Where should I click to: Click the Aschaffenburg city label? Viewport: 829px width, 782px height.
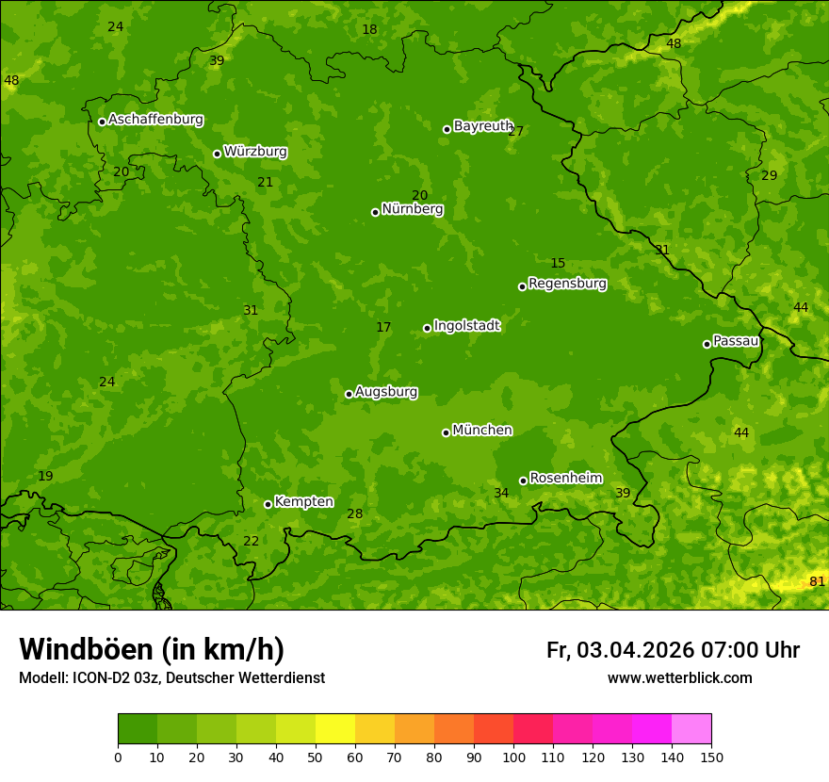click(155, 120)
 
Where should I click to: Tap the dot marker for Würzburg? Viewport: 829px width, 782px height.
click(217, 154)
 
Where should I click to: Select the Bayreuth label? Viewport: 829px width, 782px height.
click(482, 126)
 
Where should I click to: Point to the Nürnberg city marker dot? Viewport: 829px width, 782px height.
click(375, 212)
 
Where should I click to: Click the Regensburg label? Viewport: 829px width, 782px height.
click(567, 284)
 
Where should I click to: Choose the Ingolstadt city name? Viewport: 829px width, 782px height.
click(466, 326)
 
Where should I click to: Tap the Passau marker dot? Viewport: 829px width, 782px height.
click(707, 344)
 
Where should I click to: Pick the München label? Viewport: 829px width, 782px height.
click(482, 431)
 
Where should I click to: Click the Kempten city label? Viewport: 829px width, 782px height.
click(303, 502)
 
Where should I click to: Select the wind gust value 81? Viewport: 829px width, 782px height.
click(817, 581)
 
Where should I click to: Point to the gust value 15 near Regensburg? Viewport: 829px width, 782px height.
click(558, 264)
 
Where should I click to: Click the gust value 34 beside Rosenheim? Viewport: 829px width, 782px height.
click(501, 493)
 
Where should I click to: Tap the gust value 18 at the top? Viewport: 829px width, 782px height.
click(369, 30)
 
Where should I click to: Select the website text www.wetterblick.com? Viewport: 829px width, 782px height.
click(679, 677)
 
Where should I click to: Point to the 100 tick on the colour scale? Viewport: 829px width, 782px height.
click(513, 757)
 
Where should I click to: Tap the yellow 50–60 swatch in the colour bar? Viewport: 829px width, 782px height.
click(335, 729)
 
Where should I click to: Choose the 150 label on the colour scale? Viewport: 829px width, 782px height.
click(711, 757)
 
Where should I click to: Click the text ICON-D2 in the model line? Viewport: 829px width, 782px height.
click(98, 677)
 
